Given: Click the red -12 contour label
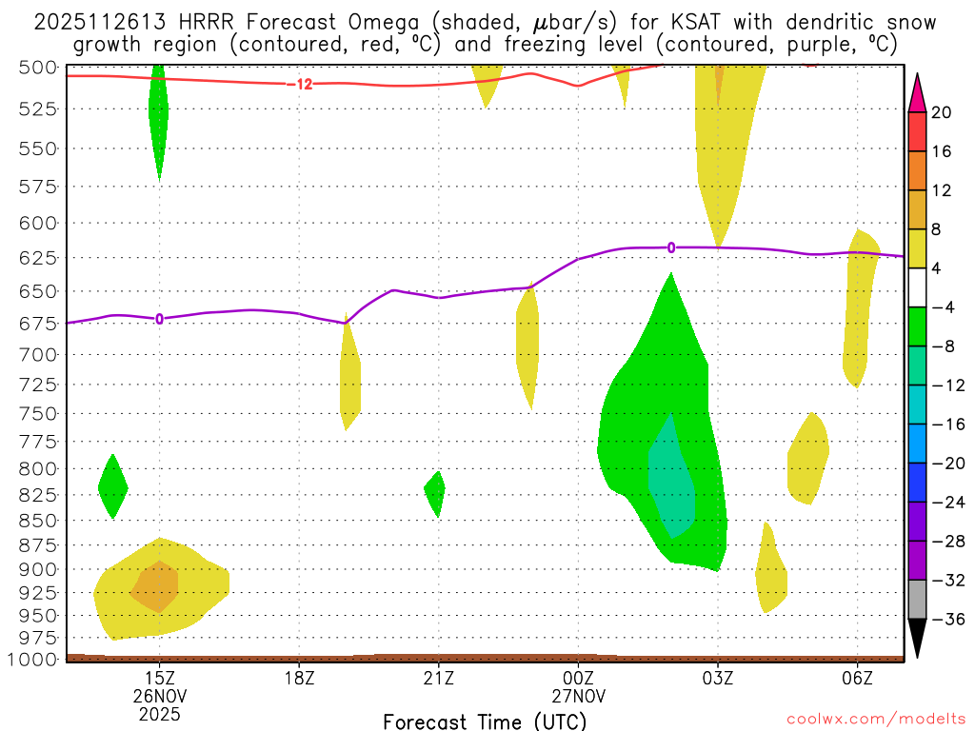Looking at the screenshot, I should click(302, 85).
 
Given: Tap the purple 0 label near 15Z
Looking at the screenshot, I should click(159, 319).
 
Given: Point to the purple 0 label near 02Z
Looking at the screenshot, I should click(671, 247).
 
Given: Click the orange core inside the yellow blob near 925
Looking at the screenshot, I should click(156, 585).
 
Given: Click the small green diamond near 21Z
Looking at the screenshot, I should click(434, 493).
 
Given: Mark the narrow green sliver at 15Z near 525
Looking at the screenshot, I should click(159, 114).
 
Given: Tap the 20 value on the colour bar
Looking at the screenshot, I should click(942, 112).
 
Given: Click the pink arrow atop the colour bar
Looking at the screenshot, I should click(918, 91).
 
